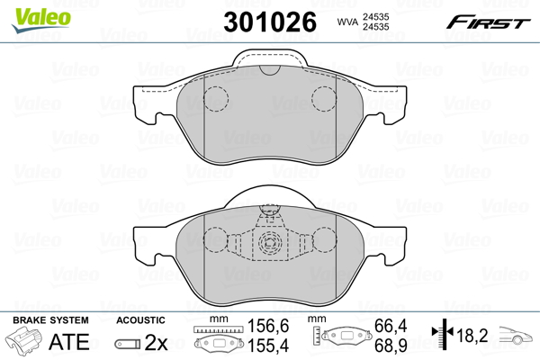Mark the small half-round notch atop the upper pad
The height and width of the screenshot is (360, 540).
coord(269,70)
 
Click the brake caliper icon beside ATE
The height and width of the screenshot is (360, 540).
coord(24,342)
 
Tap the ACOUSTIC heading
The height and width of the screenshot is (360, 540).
coord(141,320)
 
